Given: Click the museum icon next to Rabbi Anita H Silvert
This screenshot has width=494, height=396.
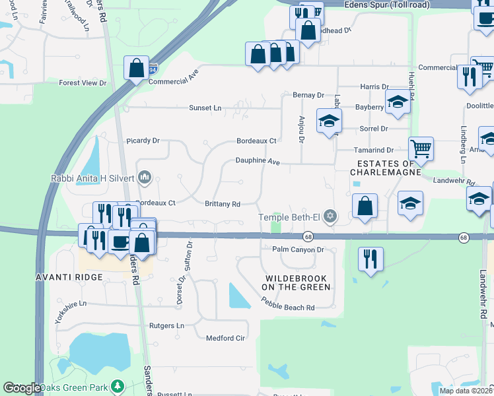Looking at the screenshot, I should click(x=145, y=178).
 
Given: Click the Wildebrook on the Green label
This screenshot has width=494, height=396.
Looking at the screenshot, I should click(x=296, y=282).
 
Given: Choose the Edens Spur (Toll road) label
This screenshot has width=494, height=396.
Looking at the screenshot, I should click(x=387, y=5).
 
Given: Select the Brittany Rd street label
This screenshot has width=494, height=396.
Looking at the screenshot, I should click(x=222, y=205).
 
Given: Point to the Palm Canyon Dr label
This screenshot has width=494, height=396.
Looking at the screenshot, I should click(x=299, y=249).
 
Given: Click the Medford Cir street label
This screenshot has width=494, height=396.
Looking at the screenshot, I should click(x=225, y=338).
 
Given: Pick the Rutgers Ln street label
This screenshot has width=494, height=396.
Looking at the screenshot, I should click(x=166, y=325).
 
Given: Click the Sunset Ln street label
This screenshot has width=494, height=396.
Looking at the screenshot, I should click(x=205, y=108).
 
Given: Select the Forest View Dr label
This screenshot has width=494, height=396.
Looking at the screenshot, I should click(x=83, y=83).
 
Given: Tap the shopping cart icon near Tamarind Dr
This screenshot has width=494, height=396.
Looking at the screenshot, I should click(x=421, y=148).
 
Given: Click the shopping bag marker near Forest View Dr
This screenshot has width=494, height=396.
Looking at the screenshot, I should click(x=135, y=67).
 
